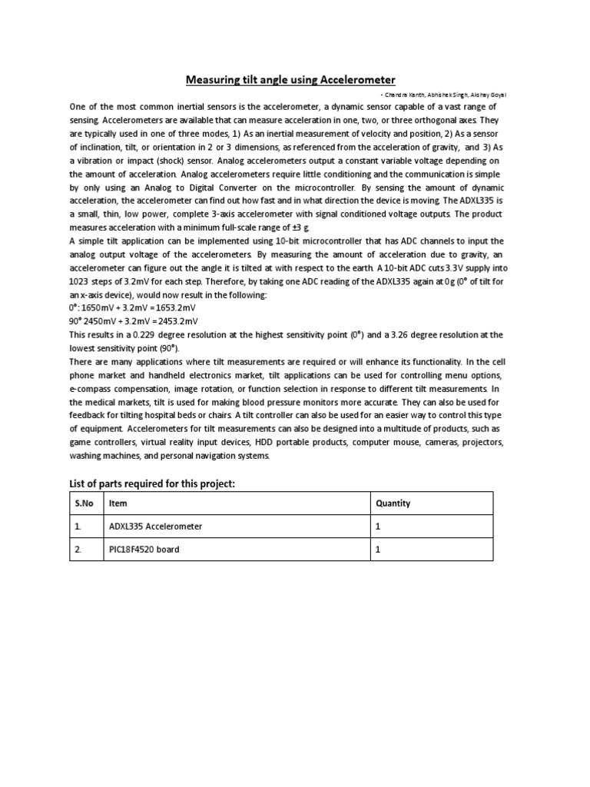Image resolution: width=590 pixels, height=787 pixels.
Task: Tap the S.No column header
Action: [x=83, y=503]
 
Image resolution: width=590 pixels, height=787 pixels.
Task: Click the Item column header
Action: [x=118, y=503]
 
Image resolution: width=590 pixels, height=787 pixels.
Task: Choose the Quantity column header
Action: [x=393, y=503]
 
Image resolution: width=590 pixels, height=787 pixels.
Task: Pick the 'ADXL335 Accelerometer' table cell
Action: [x=156, y=526]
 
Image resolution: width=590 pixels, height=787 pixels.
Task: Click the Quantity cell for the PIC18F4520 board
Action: [x=378, y=550]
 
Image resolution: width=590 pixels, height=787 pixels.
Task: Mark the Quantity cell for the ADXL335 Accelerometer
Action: [x=378, y=526]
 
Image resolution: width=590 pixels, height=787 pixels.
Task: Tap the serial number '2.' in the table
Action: [x=78, y=550]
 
